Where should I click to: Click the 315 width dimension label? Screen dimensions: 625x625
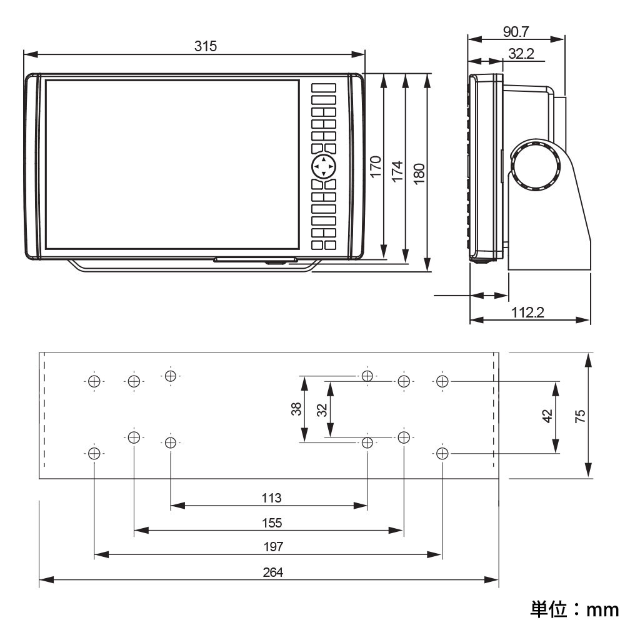[x=205, y=46]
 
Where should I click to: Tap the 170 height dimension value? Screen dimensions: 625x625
[x=376, y=168]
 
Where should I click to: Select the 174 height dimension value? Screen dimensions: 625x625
[x=397, y=171]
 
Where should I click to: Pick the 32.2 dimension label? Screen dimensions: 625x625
[x=521, y=54]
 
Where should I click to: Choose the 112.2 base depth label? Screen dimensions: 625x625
[x=528, y=312]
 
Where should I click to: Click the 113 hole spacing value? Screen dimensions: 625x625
[x=271, y=498]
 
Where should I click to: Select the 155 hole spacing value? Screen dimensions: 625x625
[x=272, y=523]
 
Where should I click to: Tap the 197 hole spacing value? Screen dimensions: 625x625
[x=273, y=547]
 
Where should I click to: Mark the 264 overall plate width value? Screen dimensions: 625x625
[x=273, y=572]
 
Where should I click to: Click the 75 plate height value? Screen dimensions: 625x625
[x=580, y=416]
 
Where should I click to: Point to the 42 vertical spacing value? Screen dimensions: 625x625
[x=547, y=416]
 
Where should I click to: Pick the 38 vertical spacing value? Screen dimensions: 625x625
[x=296, y=409]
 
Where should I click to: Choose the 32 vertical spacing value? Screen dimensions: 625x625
[x=322, y=410]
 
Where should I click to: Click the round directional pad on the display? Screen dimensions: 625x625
[x=324, y=167]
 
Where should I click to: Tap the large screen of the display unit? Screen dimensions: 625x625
[x=172, y=164]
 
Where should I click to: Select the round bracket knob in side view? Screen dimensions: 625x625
[x=535, y=165]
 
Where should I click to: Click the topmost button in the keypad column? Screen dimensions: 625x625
[x=324, y=88]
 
